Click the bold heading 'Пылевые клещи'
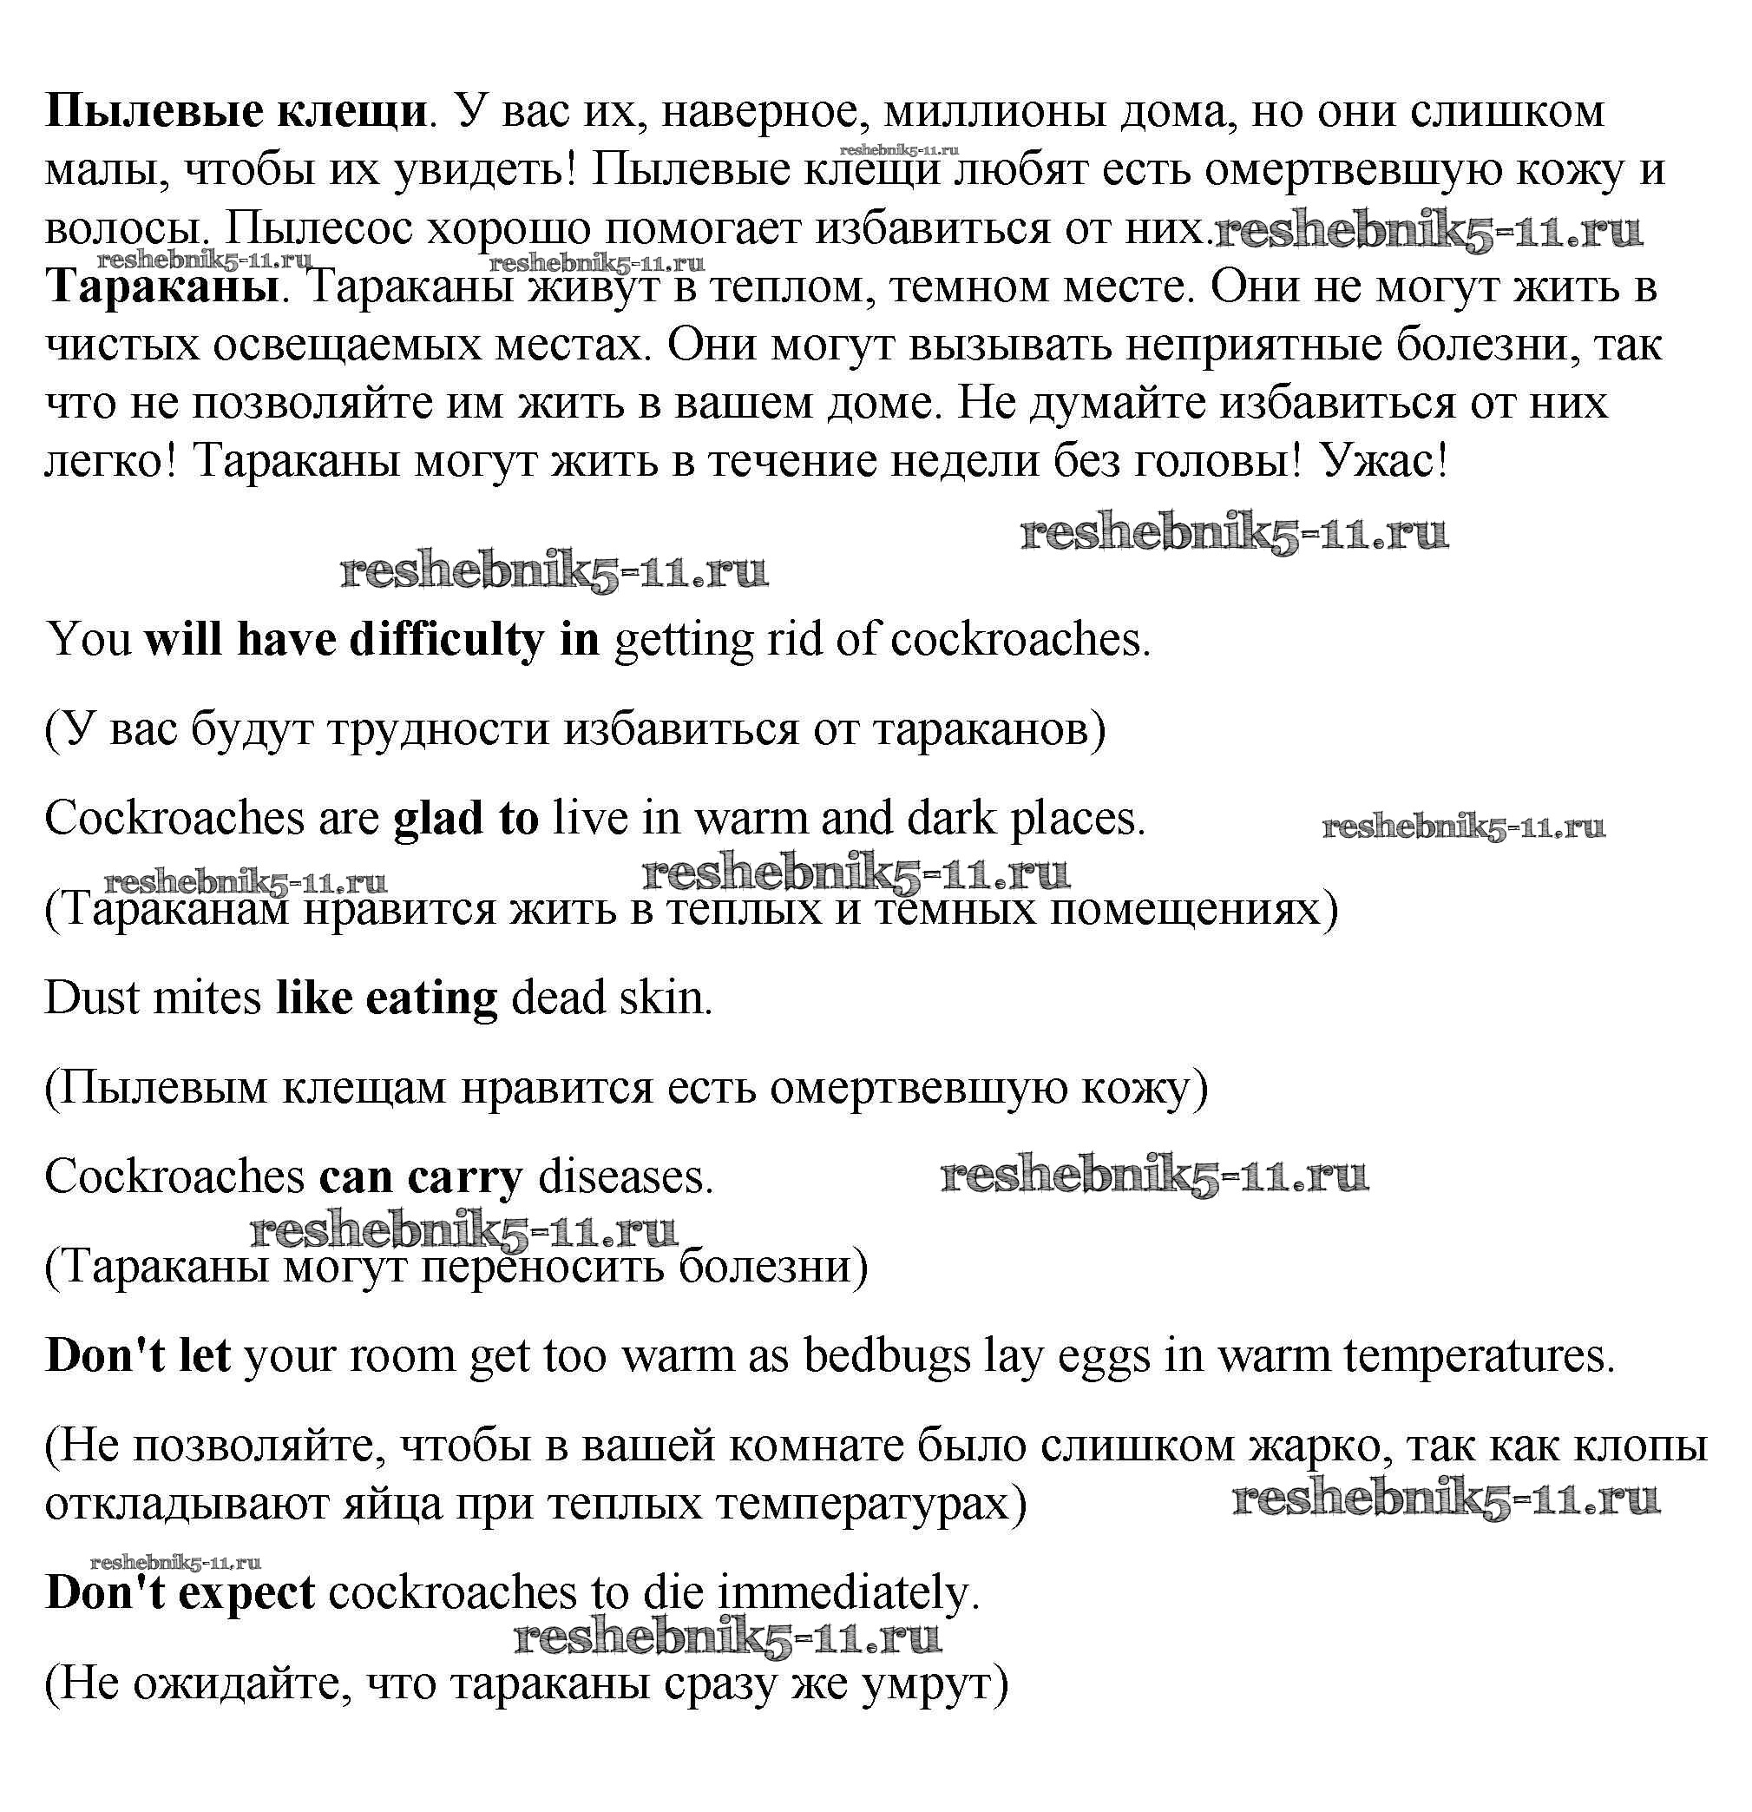pos(236,112)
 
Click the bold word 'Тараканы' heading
pos(162,287)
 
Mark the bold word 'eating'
pos(431,998)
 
